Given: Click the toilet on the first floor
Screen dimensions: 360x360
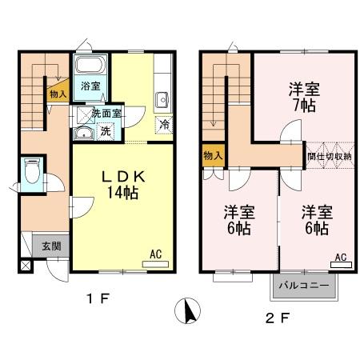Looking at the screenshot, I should [x=33, y=170].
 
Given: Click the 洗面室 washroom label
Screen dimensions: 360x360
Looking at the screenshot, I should [x=106, y=114].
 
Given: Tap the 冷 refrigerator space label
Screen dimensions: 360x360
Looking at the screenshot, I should [x=164, y=124].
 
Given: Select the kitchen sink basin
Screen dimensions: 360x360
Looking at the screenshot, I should [x=161, y=100].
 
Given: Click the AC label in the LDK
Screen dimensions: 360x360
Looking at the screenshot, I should [x=156, y=254].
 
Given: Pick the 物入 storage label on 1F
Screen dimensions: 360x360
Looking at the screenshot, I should [x=58, y=94].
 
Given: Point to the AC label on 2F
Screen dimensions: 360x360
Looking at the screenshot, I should [x=340, y=258].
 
